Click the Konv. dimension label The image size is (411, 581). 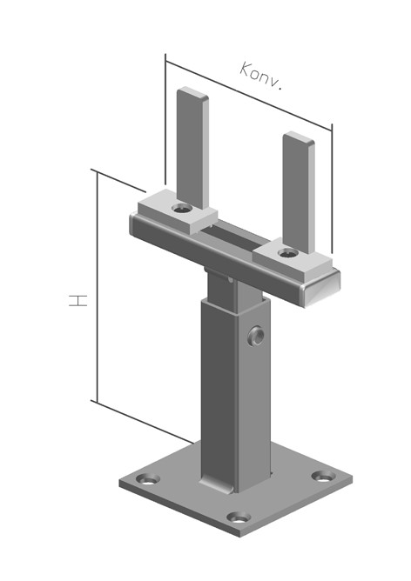[261, 77]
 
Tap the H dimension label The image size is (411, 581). [77, 300]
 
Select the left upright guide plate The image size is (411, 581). [192, 148]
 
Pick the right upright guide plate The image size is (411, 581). [299, 192]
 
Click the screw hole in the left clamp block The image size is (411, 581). [183, 209]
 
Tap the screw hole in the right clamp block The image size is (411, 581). [288, 253]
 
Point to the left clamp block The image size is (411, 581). [178, 212]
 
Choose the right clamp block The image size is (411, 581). [293, 260]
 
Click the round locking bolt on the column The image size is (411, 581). [256, 336]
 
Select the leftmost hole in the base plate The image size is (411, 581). [148, 479]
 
